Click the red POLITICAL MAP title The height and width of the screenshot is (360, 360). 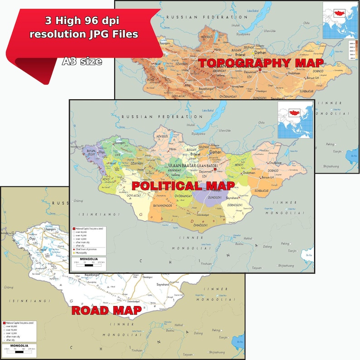183,185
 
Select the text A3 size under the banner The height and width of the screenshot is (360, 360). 82,61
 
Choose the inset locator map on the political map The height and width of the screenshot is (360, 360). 296,120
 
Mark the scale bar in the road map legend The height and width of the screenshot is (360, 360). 18,349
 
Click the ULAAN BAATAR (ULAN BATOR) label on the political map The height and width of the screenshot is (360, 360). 192,166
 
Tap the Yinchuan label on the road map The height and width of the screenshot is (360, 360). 137,351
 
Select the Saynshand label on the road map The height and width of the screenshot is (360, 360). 163,285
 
